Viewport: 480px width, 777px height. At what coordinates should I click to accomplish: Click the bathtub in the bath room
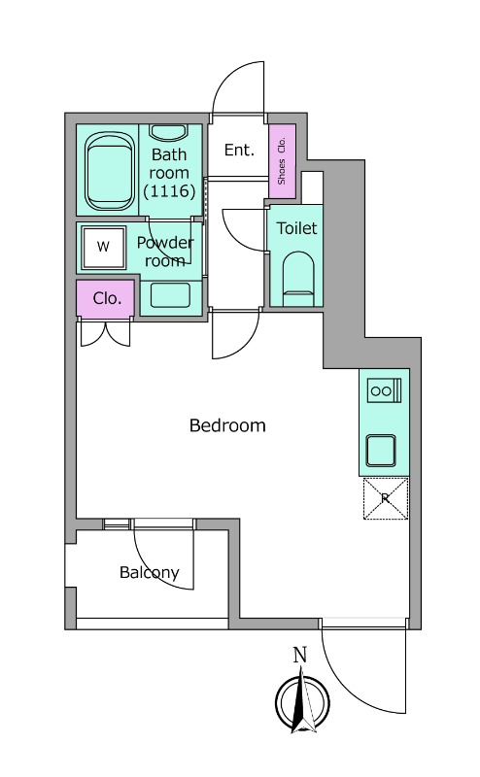110,171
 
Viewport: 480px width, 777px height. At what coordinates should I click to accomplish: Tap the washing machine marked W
104,248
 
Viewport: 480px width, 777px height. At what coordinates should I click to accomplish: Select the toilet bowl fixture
298,279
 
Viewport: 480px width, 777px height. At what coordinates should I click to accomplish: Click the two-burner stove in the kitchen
385,390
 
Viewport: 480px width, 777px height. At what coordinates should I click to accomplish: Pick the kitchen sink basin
381,451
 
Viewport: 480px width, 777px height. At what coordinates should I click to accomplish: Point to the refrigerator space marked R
386,498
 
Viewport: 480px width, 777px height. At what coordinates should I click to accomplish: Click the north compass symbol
302,700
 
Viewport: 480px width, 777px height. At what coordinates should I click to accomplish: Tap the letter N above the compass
300,655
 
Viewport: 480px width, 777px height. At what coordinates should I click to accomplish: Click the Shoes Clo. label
282,161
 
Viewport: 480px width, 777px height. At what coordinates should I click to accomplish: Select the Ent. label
239,150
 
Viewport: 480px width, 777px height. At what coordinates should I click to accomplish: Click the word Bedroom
227,425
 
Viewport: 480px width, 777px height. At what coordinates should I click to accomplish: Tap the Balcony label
150,573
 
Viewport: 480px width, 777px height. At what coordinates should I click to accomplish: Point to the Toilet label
296,228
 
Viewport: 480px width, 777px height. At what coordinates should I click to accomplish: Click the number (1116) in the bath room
169,190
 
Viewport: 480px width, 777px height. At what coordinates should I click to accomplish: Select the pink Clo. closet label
107,298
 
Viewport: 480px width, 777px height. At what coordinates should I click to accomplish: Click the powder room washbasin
171,295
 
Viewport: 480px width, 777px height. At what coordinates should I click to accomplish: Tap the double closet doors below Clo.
106,334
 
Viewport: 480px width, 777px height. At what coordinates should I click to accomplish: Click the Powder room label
165,252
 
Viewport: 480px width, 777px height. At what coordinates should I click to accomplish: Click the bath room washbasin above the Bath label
169,132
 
